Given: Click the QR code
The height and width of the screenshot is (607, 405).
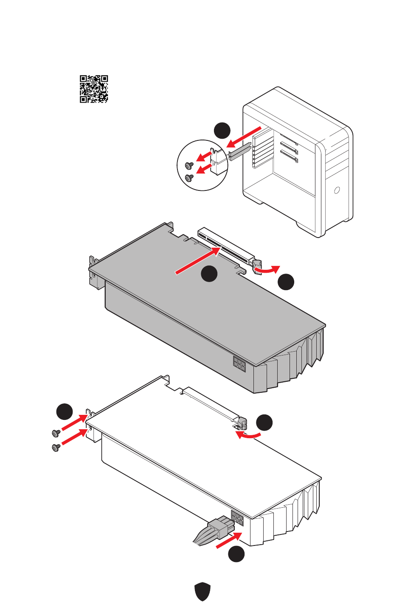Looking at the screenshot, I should point(94,89).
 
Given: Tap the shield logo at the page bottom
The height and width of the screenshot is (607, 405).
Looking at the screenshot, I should point(202,591).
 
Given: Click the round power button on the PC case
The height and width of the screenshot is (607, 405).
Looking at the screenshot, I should point(337,190).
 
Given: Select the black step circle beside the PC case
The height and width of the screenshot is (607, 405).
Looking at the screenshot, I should point(222,131).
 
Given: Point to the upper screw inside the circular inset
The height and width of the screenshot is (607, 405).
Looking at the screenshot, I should point(189,165).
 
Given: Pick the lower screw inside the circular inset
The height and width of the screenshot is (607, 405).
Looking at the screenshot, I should point(189,177).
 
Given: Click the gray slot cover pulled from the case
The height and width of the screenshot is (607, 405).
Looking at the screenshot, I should point(240,151).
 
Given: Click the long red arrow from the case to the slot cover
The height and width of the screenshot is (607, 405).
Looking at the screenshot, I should point(244,137).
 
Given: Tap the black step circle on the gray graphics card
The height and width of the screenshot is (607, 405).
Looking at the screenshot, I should point(209,274).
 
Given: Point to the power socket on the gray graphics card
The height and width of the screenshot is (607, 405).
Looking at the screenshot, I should point(239,364).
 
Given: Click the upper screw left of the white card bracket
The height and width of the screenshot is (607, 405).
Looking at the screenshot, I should point(55,433).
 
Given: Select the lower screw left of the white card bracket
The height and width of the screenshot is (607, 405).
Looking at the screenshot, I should point(55,448).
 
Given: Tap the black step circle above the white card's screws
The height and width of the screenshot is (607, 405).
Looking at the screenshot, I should point(65,411).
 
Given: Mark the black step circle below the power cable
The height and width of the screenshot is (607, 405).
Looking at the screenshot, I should point(236,554).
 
